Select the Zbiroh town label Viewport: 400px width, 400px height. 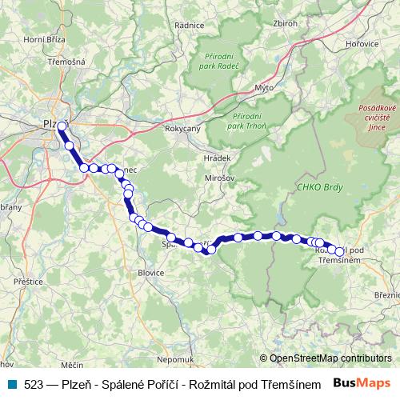(286, 23)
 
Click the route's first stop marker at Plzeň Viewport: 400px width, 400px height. (62, 126)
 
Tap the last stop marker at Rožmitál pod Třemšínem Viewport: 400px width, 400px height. (339, 251)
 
